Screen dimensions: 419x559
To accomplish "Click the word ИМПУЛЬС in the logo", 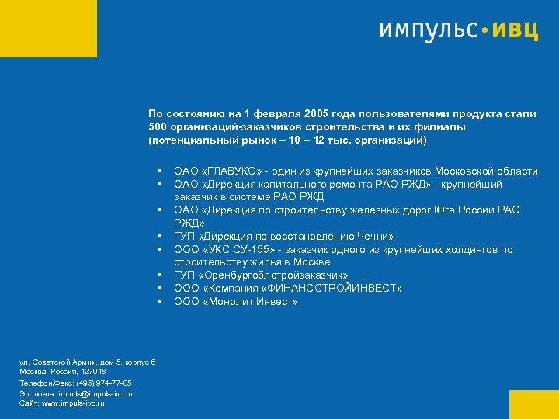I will click(x=428, y=30).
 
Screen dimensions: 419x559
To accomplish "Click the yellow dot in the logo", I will click(x=486, y=32).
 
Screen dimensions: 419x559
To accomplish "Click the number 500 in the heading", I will click(x=158, y=127).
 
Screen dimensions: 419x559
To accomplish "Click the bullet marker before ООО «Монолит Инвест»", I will click(x=158, y=302).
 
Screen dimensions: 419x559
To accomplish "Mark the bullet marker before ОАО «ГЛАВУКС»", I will click(x=158, y=171).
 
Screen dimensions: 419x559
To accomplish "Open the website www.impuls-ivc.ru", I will click(x=72, y=403).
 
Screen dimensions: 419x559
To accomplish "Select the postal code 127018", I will click(x=92, y=372).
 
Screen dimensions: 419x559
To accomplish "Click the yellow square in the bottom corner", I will click(x=534, y=404).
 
